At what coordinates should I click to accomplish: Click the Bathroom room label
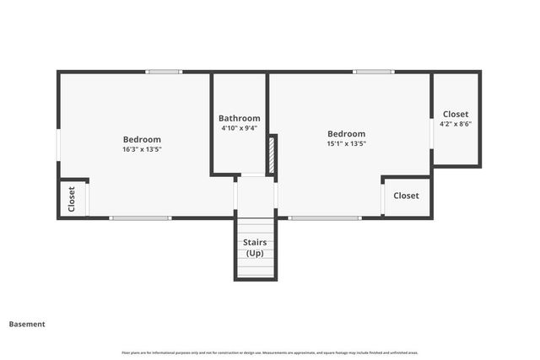coord(240,118)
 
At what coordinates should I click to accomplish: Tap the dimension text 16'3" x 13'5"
coord(142,149)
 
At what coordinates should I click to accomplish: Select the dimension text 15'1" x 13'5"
coord(346,143)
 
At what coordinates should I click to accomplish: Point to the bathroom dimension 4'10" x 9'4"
coord(240,128)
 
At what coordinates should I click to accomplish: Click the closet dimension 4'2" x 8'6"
coord(456,124)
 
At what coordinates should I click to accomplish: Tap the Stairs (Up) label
coord(255,248)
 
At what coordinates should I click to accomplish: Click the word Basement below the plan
coord(27,324)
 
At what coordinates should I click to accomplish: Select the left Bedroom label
coord(142,139)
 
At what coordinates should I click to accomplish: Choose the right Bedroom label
coord(346,133)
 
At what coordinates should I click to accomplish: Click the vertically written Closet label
coord(72,200)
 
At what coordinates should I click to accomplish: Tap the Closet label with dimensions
coord(456,114)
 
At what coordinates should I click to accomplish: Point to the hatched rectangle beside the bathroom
coord(272,155)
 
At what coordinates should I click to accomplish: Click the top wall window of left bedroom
coord(164,72)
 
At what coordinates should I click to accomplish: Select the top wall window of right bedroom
coord(373,72)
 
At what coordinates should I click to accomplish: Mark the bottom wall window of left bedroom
coord(140,218)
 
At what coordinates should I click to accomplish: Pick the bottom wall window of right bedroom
coord(325,218)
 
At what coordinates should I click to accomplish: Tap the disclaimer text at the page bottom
coord(270,352)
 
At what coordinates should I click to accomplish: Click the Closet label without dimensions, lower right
coord(406,196)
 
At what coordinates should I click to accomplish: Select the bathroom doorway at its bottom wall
coord(253,175)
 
